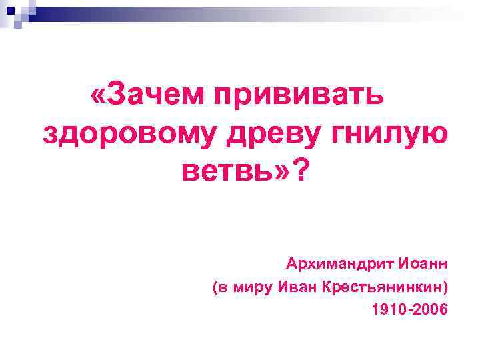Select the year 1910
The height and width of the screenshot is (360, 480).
click(388, 310)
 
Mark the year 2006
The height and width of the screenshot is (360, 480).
click(431, 310)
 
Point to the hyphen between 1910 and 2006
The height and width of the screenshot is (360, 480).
click(409, 311)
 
